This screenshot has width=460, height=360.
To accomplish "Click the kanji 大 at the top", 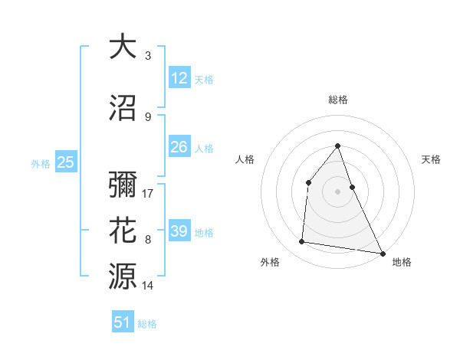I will (x=123, y=47).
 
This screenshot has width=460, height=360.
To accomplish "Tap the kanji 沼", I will (x=123, y=108).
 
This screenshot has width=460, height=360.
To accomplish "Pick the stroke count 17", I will (x=149, y=194).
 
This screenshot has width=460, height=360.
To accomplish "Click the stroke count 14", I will (x=149, y=286).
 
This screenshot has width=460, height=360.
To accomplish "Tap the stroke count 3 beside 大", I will (x=148, y=56).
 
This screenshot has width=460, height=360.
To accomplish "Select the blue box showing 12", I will (x=179, y=77).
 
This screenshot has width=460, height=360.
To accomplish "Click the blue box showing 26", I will (x=179, y=146).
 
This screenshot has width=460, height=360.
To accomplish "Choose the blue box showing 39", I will (x=179, y=231).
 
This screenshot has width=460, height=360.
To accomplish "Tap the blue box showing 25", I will (x=66, y=162).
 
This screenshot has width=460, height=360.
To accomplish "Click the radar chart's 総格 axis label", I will (x=338, y=100).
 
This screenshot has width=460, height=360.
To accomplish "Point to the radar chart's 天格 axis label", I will (x=431, y=159).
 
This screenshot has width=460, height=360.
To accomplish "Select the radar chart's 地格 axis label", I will (x=402, y=262).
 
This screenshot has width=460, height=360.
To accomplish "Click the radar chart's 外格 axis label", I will (x=270, y=262).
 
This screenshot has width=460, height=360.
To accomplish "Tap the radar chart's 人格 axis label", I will (x=245, y=159).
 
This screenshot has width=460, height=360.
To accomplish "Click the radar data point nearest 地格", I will (x=382, y=254).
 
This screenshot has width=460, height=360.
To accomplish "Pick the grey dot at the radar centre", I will (x=337, y=191).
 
